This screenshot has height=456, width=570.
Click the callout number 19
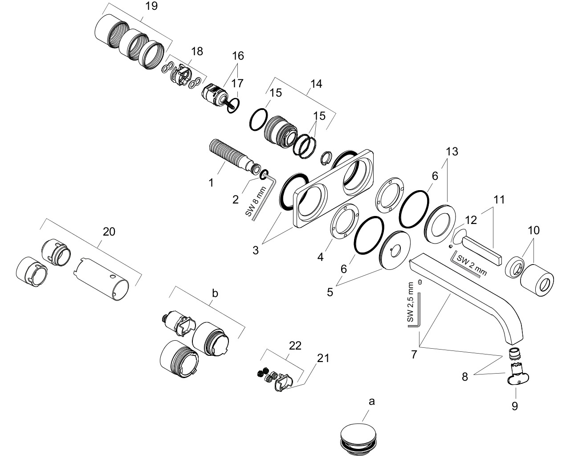[x=151, y=6]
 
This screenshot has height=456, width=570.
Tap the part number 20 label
[x=109, y=232]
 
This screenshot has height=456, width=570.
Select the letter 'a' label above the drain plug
[x=372, y=402]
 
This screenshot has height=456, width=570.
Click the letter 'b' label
[x=215, y=293]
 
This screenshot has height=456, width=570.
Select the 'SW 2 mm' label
[x=472, y=265]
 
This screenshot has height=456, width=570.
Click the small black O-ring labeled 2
[x=265, y=175]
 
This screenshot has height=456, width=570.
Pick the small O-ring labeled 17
[x=233, y=106]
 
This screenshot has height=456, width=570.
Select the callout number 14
[x=316, y=84]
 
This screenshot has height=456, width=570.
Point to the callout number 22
[x=295, y=346]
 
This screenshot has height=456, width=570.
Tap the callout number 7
[x=414, y=354]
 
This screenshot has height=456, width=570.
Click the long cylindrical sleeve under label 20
[x=101, y=278]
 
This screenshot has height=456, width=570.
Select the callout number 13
[x=452, y=151]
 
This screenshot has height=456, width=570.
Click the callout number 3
[x=255, y=250]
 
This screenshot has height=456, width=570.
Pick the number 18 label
[x=197, y=51]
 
